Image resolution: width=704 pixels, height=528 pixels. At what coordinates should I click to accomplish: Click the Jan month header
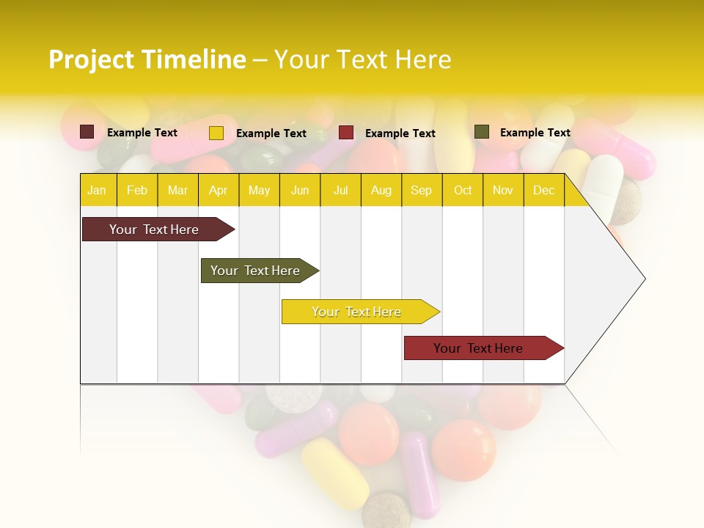(x=97, y=191)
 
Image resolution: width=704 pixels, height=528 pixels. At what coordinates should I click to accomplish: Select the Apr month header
(x=219, y=191)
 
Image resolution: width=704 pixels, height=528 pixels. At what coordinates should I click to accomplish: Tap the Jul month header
(x=341, y=191)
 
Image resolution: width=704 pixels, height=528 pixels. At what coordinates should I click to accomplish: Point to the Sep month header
(x=421, y=191)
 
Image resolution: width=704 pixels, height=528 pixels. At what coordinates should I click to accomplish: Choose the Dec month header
(x=543, y=191)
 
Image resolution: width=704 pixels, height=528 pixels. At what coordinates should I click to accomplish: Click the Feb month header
(x=137, y=191)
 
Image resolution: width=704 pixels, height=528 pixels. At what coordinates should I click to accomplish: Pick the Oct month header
(x=463, y=191)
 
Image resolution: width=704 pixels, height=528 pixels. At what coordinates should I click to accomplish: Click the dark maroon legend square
(x=87, y=132)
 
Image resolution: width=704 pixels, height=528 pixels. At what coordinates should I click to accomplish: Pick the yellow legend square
(x=216, y=133)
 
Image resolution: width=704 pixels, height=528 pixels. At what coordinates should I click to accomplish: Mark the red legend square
(x=346, y=133)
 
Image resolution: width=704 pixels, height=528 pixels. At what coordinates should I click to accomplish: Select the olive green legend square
(x=482, y=132)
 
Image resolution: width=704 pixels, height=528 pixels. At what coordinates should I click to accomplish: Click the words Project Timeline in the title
(x=147, y=59)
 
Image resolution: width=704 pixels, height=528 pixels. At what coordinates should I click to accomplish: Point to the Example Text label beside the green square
(x=535, y=133)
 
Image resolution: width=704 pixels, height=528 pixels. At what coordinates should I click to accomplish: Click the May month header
(x=259, y=191)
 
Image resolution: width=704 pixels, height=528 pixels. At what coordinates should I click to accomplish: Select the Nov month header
(x=503, y=191)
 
